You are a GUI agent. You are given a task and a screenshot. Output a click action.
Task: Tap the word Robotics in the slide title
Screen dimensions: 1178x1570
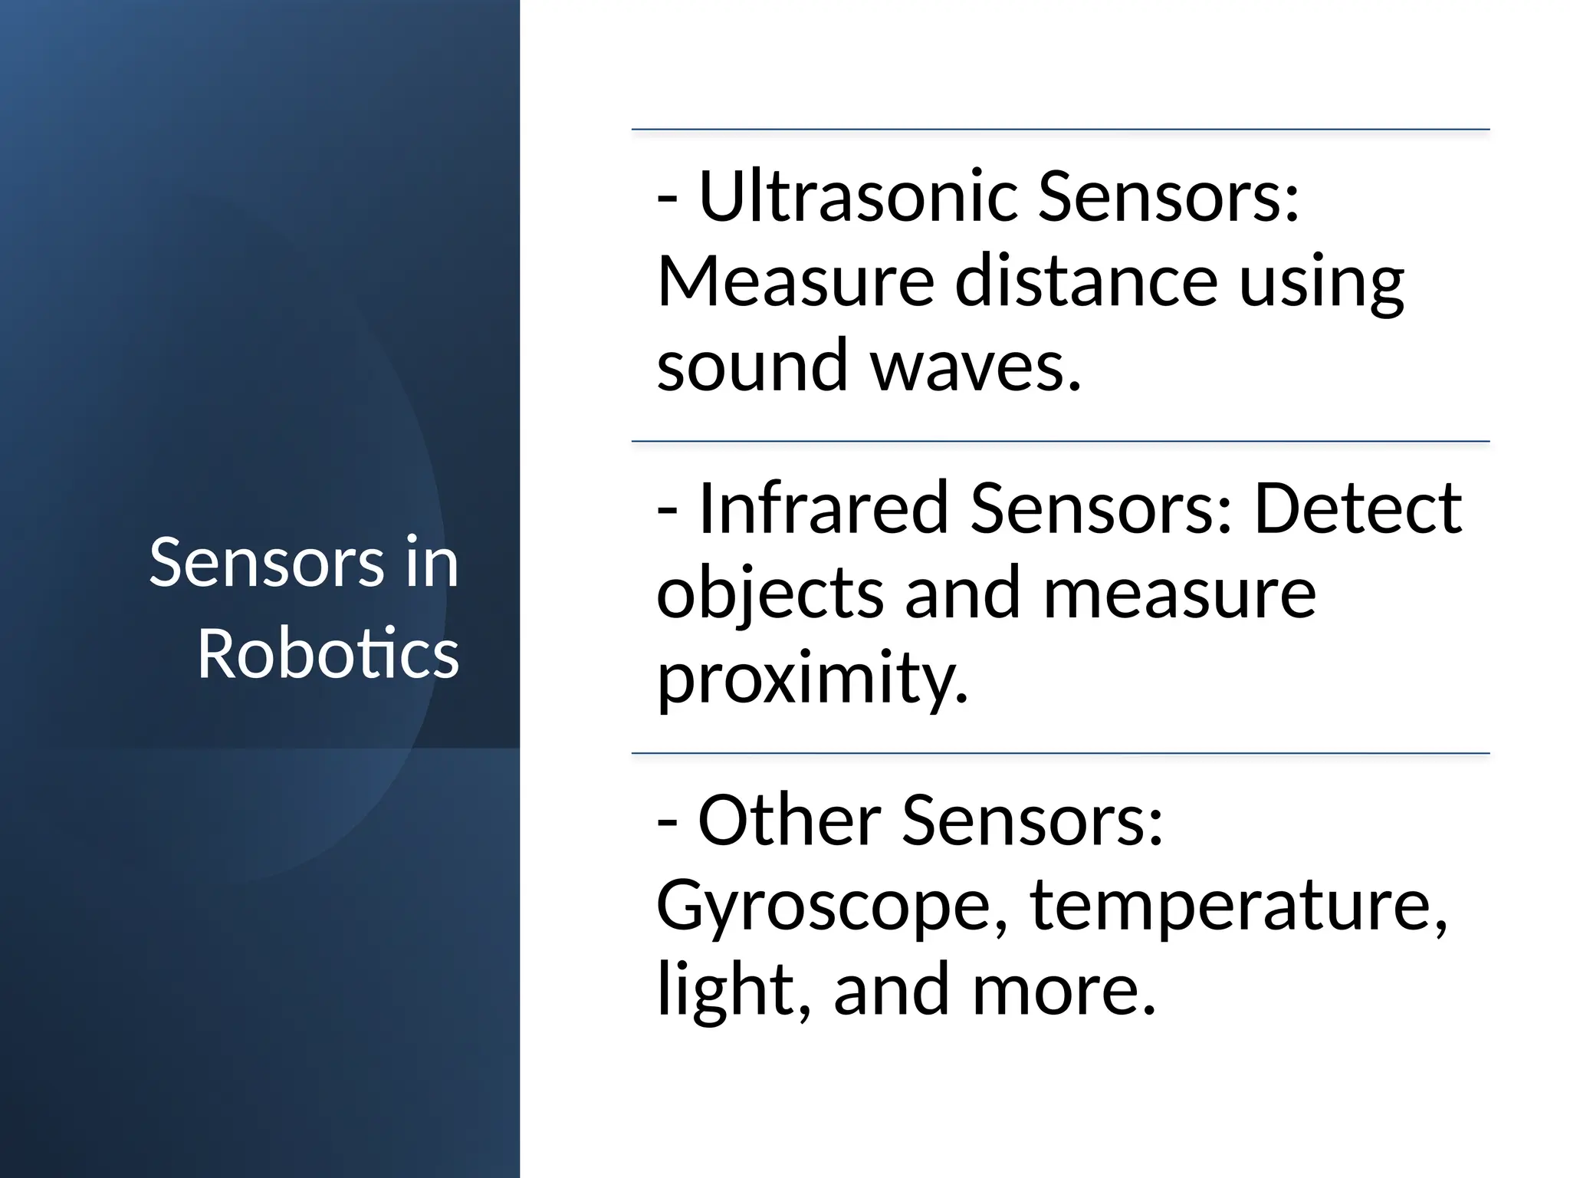328,653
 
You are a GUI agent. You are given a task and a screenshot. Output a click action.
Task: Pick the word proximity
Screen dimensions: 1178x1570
813,676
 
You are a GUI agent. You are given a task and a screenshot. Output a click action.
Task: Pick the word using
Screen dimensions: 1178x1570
1321,284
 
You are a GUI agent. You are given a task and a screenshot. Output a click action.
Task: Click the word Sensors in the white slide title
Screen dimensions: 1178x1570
267,563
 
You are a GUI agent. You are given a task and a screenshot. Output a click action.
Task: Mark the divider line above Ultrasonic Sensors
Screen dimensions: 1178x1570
1060,130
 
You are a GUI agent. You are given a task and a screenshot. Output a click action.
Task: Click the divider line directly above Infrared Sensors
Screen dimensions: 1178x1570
1060,442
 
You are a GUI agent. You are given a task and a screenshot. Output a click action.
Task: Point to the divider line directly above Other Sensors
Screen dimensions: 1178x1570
1060,754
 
